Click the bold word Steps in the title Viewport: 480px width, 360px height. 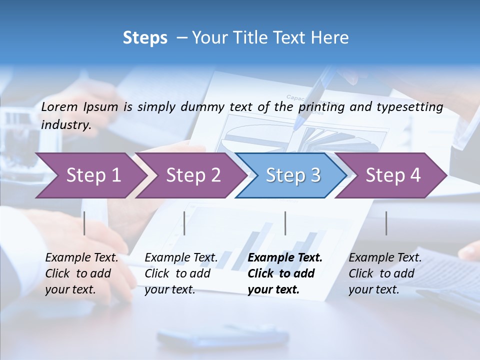click(145, 38)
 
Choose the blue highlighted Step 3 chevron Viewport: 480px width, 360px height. click(293, 175)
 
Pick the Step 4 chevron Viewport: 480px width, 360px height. click(393, 175)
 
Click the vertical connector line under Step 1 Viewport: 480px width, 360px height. click(84, 223)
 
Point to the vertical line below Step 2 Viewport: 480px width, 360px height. click(184, 223)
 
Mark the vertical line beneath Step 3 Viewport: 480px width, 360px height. click(285, 223)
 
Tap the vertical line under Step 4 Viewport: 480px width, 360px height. click(386, 223)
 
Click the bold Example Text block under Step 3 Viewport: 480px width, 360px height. click(285, 273)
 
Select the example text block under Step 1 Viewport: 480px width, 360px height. click(81, 273)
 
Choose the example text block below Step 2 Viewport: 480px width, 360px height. click(181, 273)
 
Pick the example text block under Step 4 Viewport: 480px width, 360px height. click(385, 273)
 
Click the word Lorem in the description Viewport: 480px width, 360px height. click(59, 106)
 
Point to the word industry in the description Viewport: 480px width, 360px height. click(65, 125)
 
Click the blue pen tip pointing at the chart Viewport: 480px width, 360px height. click(299, 121)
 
